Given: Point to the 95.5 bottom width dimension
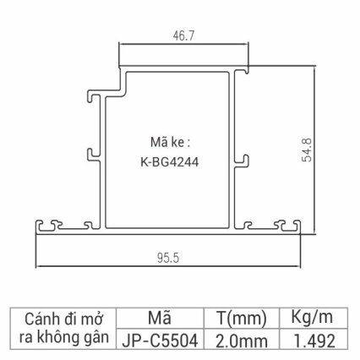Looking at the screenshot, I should [x=169, y=258].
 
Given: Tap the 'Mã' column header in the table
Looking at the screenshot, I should [x=159, y=319].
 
